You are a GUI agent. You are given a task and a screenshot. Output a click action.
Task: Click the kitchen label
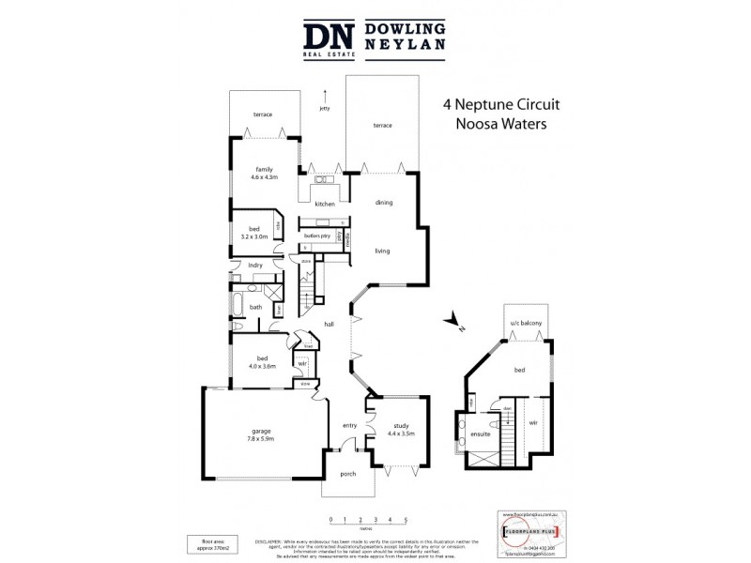(x=325, y=204)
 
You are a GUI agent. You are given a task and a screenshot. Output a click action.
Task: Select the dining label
(x=383, y=203)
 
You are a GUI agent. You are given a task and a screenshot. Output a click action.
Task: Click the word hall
(x=330, y=324)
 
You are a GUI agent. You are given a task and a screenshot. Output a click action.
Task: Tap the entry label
(x=349, y=425)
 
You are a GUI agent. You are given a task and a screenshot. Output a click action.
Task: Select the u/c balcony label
(x=527, y=324)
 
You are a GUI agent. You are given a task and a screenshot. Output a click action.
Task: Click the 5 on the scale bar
(x=406, y=518)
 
